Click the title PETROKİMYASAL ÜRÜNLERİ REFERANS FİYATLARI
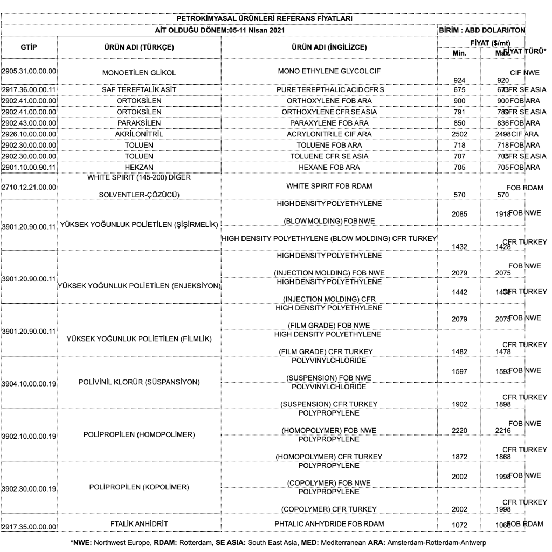coord(265,19)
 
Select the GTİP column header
coord(29,47)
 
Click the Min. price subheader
coord(461,52)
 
